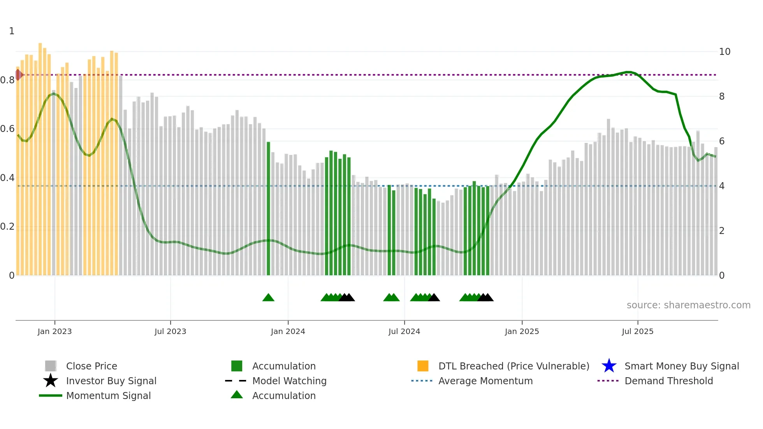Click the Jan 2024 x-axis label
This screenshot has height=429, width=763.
288,331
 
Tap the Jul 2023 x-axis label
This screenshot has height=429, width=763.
170,331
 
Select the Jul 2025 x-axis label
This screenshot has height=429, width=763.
637,331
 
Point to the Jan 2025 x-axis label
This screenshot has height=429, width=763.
522,331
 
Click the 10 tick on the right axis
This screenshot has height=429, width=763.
724,52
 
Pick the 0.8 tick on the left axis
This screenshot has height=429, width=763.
7,80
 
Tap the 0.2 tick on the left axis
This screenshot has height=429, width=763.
7,227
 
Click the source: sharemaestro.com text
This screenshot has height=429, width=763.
688,305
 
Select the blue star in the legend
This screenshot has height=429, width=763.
609,366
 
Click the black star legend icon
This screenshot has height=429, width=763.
51,381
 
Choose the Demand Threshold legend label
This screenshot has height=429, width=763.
668,381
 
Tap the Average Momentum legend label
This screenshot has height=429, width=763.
485,381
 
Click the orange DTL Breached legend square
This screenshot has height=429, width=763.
423,366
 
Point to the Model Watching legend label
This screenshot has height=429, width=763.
289,381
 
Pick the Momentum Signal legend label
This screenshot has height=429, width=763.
108,396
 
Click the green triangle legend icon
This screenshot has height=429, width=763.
237,395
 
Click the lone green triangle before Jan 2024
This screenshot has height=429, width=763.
268,298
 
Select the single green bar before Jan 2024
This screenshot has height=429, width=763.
268,208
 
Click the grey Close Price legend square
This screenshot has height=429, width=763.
51,366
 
